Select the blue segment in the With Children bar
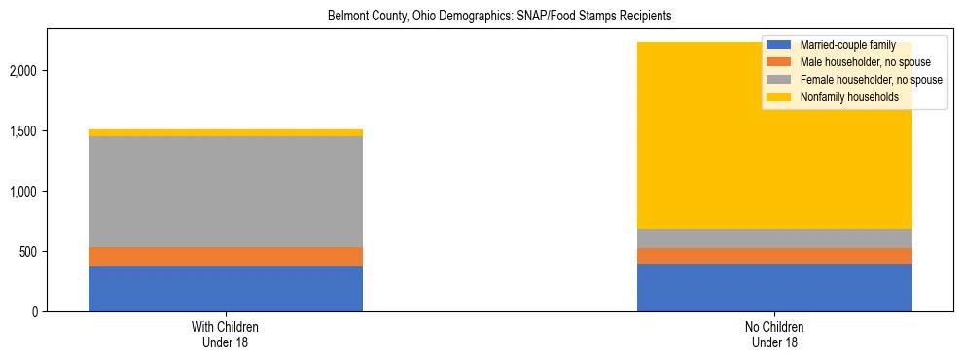(x=226, y=288)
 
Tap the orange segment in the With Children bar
(x=226, y=256)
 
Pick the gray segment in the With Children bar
(x=226, y=192)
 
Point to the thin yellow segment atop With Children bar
(x=226, y=132)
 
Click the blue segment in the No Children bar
(x=774, y=287)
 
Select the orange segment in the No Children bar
(x=774, y=256)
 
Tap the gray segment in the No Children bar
(x=774, y=238)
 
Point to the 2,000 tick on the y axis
(x=23, y=71)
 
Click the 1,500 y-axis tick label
(x=23, y=131)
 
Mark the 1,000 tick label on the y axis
(x=23, y=192)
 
